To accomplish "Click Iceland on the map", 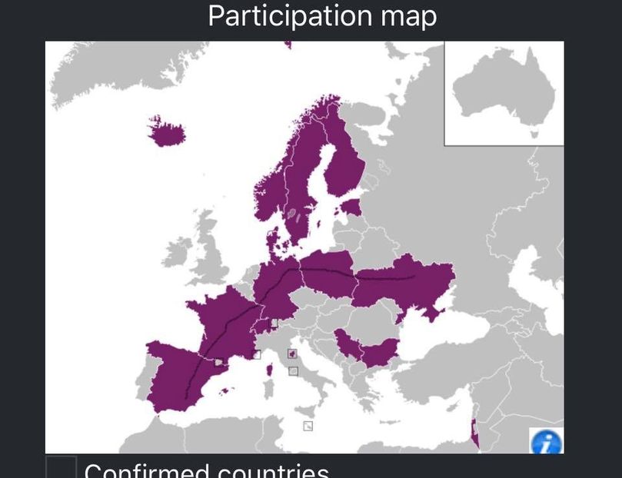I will pyautogui.click(x=167, y=132).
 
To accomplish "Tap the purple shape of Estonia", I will pyautogui.click(x=351, y=208).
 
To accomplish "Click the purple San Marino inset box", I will pyautogui.click(x=291, y=354).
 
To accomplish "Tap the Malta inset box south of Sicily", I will pyautogui.click(x=308, y=426).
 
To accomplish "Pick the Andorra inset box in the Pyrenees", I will pyautogui.click(x=220, y=362).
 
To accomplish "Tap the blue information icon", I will pyautogui.click(x=547, y=442).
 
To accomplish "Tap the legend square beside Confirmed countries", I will pyautogui.click(x=61, y=467).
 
